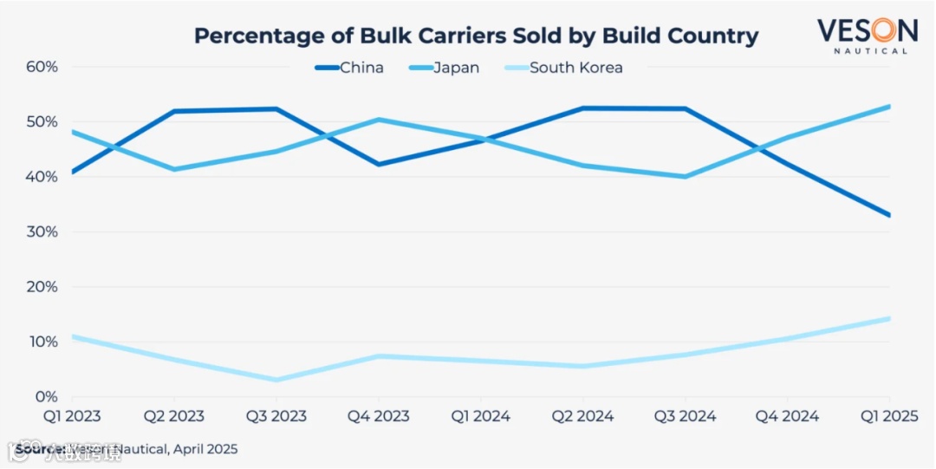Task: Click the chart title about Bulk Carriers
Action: pos(476,36)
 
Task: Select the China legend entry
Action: pos(349,68)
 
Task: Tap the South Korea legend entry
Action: pos(563,68)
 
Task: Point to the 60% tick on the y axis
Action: pos(42,67)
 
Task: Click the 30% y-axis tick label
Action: pos(42,232)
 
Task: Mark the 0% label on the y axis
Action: pos(46,397)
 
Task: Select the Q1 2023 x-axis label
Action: pos(71,416)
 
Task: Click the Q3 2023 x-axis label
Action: pos(276,416)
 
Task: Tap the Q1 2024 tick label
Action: pos(480,416)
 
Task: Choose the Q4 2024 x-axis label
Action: pos(787,416)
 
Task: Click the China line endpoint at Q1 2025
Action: pos(888,215)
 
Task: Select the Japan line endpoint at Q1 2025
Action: pos(888,107)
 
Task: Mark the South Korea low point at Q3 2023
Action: pos(276,380)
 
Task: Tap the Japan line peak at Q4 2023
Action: pos(378,120)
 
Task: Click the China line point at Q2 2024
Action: pos(582,108)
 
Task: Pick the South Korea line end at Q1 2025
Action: pos(888,318)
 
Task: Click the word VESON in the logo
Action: pos(867,30)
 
